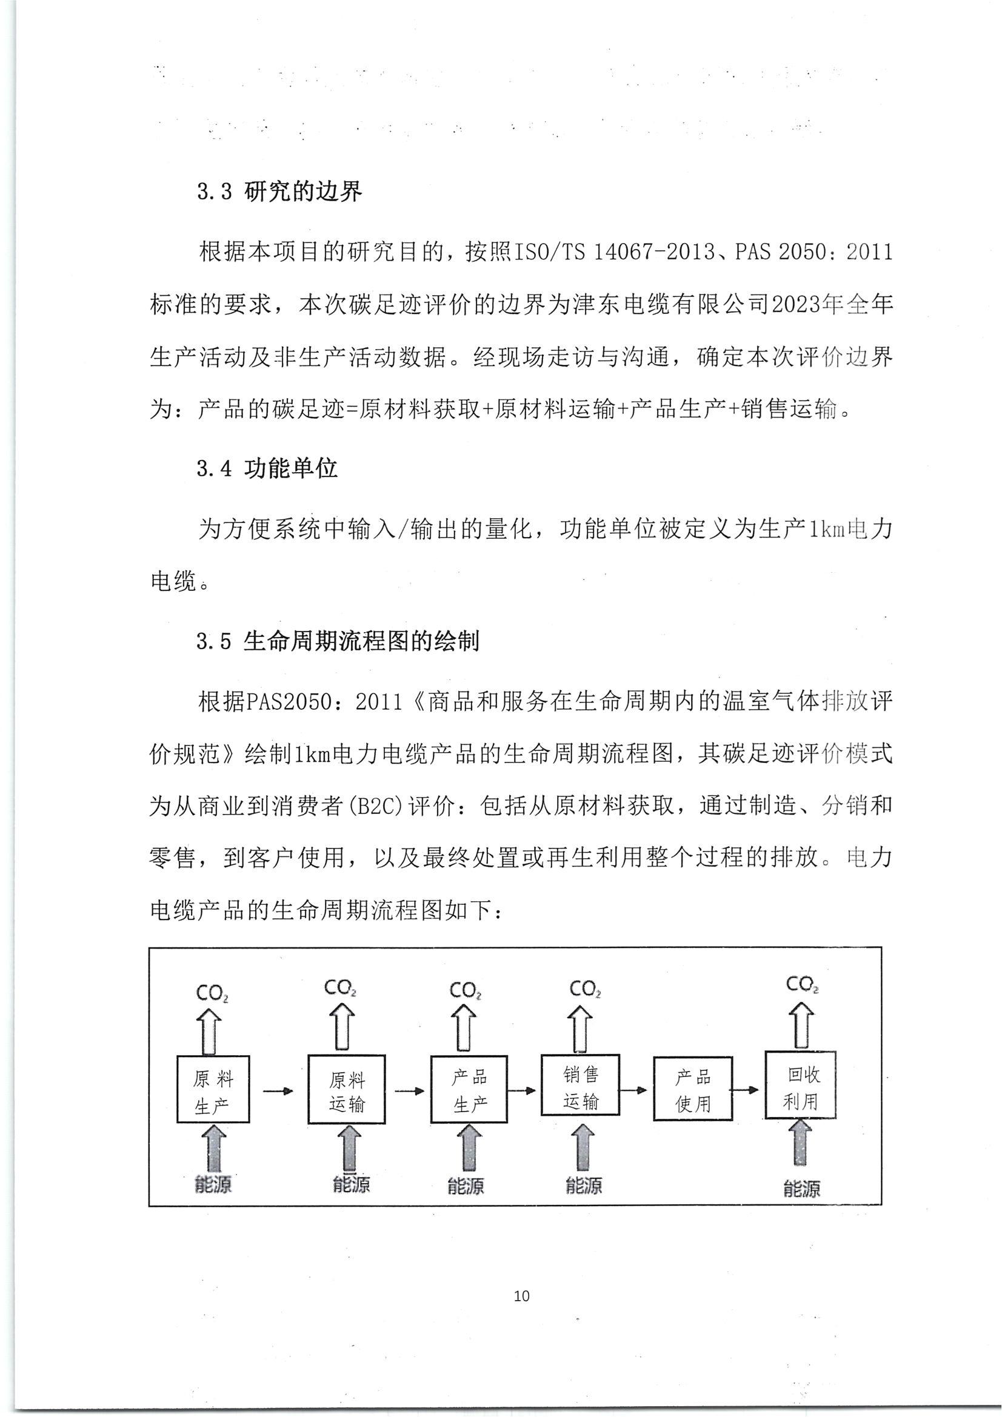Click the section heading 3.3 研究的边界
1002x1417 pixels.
click(x=279, y=193)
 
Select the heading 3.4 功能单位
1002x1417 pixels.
click(x=267, y=468)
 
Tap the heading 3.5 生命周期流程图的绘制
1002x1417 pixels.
click(x=338, y=641)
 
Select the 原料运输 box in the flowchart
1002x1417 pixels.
click(x=346, y=1090)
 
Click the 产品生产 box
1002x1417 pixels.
click(x=469, y=1089)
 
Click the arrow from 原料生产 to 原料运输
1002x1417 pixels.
click(x=278, y=1090)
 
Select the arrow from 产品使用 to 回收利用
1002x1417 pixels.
click(x=748, y=1089)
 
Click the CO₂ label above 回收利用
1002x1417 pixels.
click(x=802, y=984)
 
